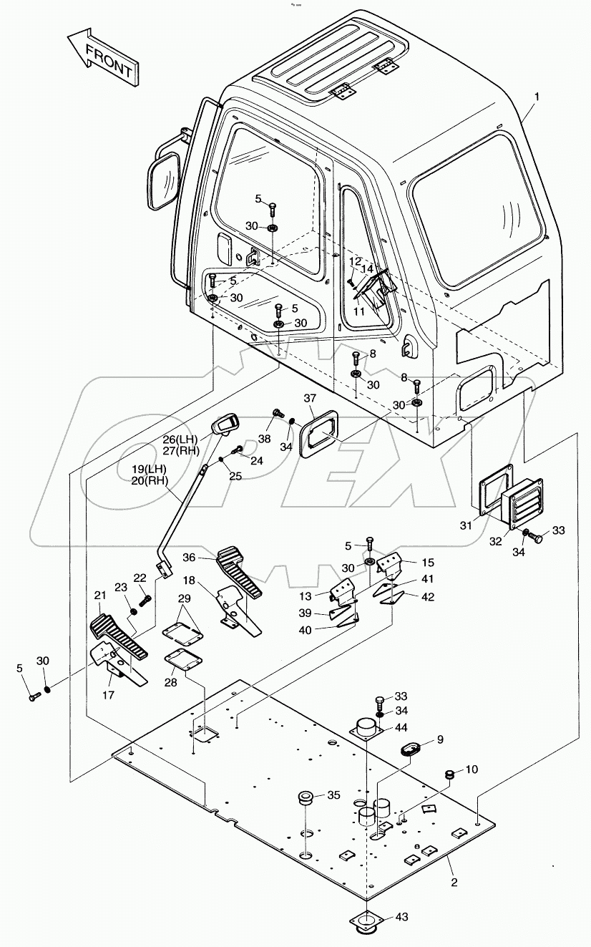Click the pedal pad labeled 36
click(x=240, y=568)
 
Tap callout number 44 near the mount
click(x=401, y=727)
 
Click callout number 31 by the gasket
click(x=467, y=525)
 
